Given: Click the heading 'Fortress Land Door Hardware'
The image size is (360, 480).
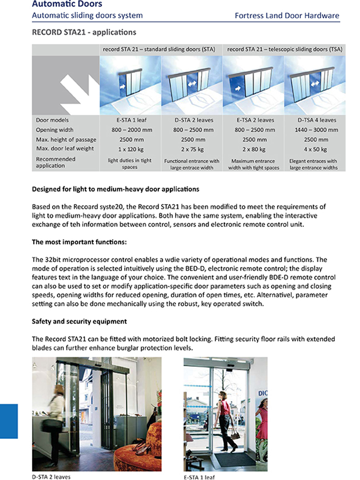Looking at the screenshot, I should tap(287, 16).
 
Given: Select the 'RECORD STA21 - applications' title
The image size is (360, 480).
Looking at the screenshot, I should tap(84, 32).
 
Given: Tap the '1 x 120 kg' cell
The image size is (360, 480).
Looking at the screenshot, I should tap(131, 149).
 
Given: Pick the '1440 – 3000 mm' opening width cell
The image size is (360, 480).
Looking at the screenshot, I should tap(316, 130).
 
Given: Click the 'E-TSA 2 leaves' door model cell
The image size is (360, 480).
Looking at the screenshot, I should tap(255, 120).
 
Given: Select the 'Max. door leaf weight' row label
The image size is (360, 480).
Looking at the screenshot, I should tap(65, 148).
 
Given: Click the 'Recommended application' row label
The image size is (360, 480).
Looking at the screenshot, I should tap(55, 162).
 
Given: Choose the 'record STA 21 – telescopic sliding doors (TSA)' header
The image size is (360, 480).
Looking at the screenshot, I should tap(284, 49).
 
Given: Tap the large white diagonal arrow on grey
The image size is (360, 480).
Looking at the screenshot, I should tap(79, 93).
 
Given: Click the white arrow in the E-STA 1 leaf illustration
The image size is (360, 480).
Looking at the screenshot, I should tap(122, 86).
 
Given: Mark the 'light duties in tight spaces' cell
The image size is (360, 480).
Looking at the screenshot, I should tap(130, 164).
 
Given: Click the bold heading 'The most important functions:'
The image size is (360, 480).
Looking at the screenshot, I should tap(79, 242).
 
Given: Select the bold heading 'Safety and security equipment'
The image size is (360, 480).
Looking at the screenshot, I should tap(79, 321).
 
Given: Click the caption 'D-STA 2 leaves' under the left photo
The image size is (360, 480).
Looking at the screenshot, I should tap(51, 477).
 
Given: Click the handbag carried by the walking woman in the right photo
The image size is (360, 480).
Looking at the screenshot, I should tap(236, 435).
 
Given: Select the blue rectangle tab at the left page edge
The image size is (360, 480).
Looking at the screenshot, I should tap(9, 421).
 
